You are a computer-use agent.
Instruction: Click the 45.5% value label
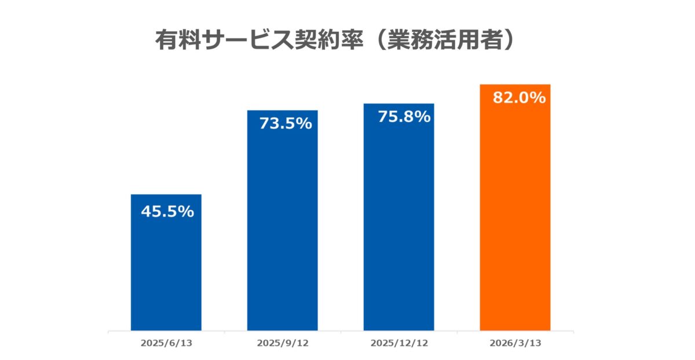point(167,212)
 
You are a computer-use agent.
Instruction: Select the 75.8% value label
point(404,116)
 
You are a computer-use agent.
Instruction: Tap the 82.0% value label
point(518,98)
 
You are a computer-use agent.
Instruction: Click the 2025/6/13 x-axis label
point(166,343)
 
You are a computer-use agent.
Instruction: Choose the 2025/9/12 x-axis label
point(283,343)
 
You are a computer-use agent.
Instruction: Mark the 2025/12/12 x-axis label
point(398,343)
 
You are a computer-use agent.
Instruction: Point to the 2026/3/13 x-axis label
point(515,343)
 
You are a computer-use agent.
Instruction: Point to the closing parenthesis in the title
point(507,40)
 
